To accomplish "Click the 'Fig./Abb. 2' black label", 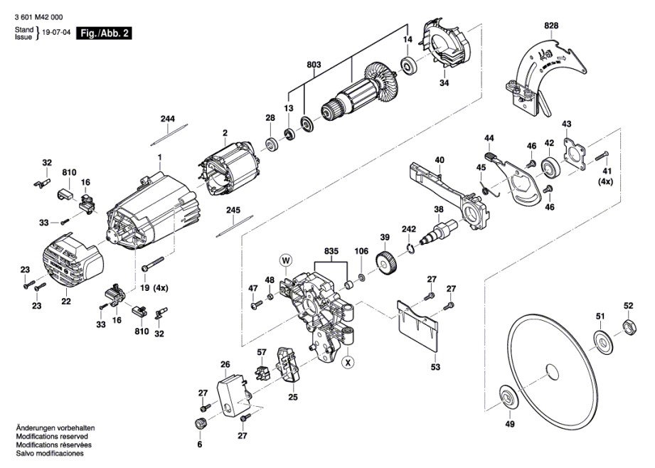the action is coord(104,33).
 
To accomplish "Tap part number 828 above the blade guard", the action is coord(551,26).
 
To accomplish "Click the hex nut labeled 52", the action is coord(629,326).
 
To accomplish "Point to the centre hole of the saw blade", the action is coord(553,372).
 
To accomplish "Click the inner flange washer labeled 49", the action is coord(509,397).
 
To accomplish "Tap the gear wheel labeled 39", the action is coord(386,263).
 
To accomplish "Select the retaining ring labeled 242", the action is coord(410,249).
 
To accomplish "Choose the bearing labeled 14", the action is coord(408,65).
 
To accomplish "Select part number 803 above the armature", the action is coord(314,65).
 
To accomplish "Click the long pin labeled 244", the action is coord(169,134).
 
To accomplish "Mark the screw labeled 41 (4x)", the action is coord(602,156).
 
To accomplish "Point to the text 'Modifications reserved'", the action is coord(52,437).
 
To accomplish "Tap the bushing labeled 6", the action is coord(200,423).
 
